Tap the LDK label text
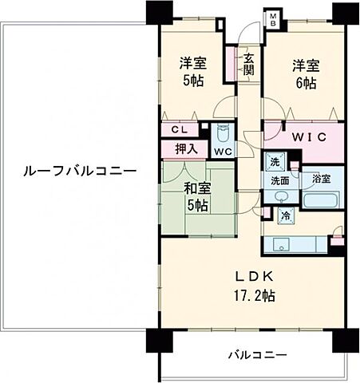coord(254,277)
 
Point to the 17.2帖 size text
coord(254,294)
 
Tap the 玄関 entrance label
coord(249,64)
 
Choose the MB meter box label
coord(272,19)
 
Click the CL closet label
coord(178,129)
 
